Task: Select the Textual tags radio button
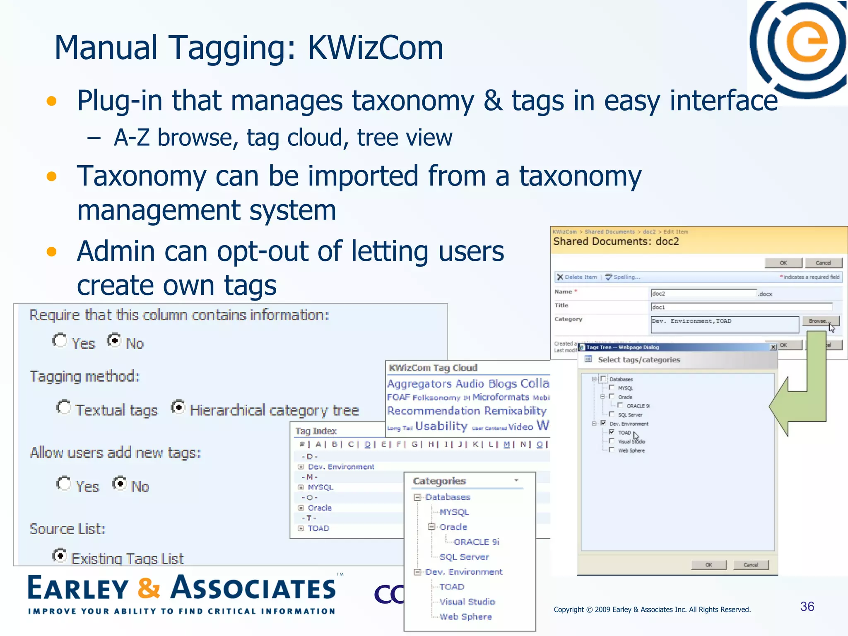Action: point(64,407)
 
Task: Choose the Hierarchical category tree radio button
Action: point(178,407)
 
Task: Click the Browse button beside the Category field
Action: point(820,321)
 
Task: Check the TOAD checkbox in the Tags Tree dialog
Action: point(612,432)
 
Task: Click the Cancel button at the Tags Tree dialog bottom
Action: point(750,565)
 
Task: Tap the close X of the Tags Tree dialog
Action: point(773,347)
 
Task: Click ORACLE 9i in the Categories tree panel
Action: point(476,542)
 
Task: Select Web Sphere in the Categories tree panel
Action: point(465,617)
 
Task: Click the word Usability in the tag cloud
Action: point(441,426)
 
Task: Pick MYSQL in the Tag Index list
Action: point(320,487)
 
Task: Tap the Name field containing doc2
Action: point(703,293)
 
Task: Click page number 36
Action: point(807,606)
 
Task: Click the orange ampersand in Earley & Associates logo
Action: point(149,588)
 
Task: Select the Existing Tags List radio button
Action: point(60,555)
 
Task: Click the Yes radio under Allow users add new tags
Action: point(64,484)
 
